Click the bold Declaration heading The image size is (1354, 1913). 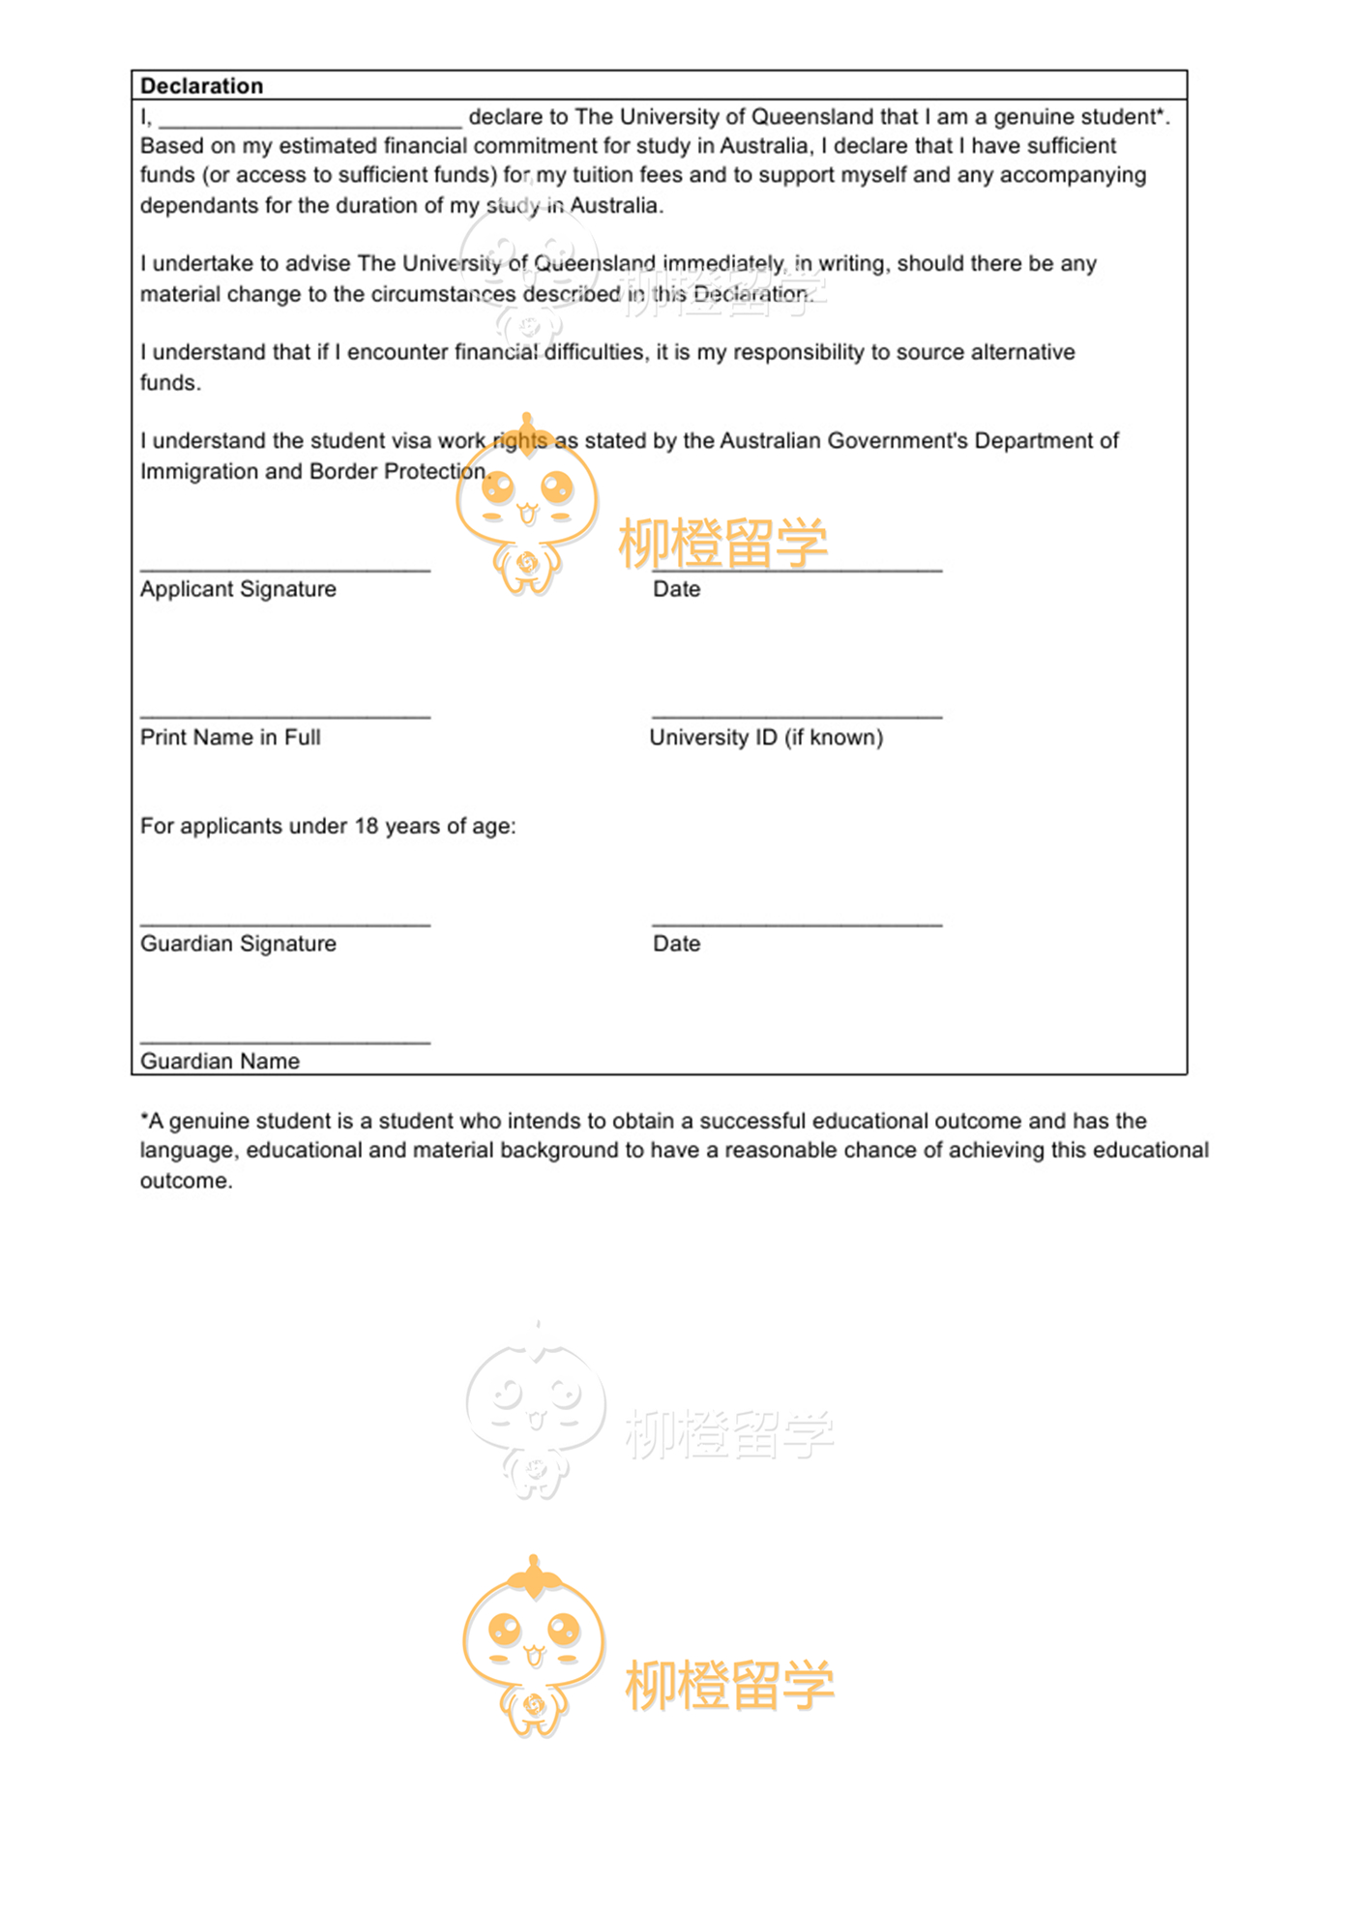click(x=201, y=86)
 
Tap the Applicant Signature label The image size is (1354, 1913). click(x=238, y=589)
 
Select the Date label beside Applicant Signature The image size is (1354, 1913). click(x=676, y=589)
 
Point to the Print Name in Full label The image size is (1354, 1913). click(x=230, y=737)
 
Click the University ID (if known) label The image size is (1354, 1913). click(x=766, y=737)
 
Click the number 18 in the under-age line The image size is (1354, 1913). click(x=366, y=826)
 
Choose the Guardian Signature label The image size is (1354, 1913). click(x=238, y=944)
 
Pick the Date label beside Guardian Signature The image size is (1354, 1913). click(x=676, y=944)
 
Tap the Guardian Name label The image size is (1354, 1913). click(x=220, y=1061)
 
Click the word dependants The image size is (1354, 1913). click(x=199, y=206)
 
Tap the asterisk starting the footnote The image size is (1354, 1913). click(x=144, y=1119)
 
